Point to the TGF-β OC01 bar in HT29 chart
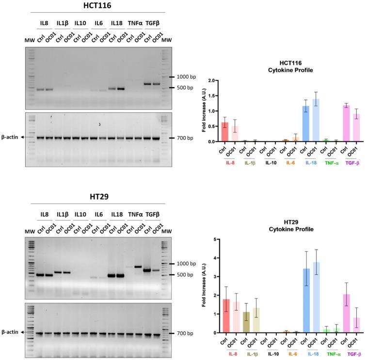pos(356,325)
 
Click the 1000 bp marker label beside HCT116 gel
pos(186,77)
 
